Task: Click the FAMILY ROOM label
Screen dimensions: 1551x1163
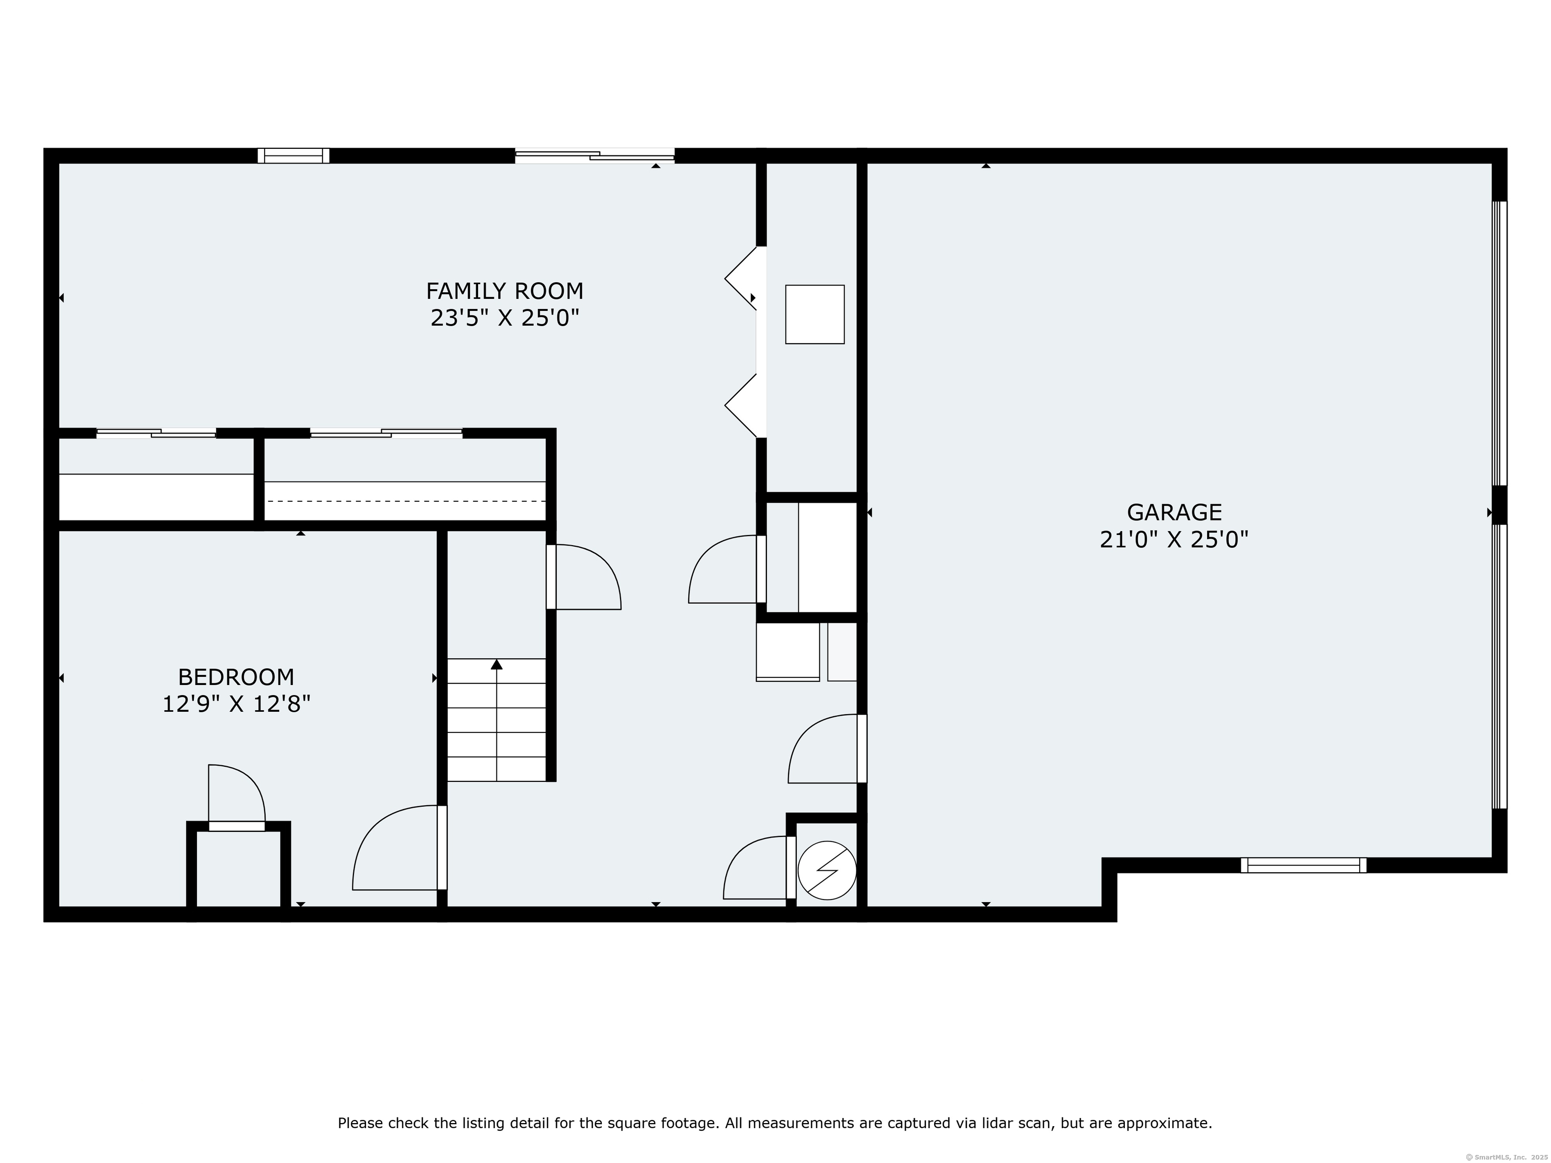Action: pos(504,290)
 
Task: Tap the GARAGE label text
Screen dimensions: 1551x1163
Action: pos(1174,512)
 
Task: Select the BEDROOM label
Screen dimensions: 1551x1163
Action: pos(236,677)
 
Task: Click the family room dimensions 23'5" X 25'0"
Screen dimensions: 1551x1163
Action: pos(504,319)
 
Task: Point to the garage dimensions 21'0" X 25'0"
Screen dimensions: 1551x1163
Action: pos(1174,540)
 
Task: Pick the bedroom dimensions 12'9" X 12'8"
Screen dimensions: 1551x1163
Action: pos(236,704)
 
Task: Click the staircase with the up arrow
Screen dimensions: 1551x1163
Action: pos(496,720)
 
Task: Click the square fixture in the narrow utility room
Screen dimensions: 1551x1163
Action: pos(815,314)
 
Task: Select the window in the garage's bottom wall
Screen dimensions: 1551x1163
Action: pos(1304,865)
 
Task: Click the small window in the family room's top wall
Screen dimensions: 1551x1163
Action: pos(293,155)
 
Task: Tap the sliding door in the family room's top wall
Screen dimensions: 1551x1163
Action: pos(595,155)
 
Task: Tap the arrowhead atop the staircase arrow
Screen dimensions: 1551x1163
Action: pos(496,664)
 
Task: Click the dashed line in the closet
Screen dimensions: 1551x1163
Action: pos(405,501)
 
